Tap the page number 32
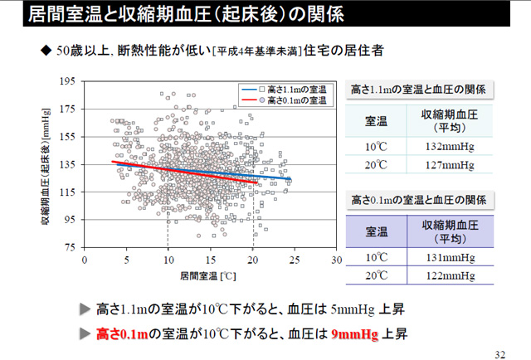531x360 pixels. pyautogui.click(x=499, y=353)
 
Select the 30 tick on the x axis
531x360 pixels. pyautogui.click(x=337, y=259)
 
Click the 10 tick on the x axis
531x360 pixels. pyautogui.click(x=168, y=259)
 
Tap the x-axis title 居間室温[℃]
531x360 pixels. pyautogui.click(x=209, y=274)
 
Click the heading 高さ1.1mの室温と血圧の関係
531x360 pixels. pyautogui.click(x=418, y=89)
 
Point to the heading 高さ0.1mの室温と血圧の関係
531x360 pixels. pyautogui.click(x=418, y=200)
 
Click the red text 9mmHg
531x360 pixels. pyautogui.click(x=354, y=334)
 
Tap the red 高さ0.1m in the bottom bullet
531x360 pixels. pyautogui.click(x=122, y=334)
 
